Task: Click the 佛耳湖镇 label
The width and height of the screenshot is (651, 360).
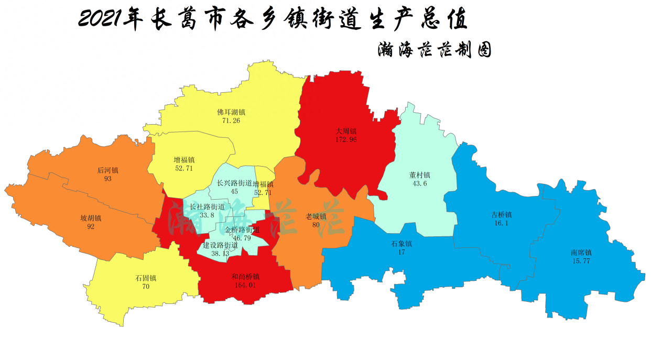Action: click(231, 112)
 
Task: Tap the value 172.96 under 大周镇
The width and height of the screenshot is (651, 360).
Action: click(346, 139)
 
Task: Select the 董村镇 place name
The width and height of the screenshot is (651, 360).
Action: click(420, 175)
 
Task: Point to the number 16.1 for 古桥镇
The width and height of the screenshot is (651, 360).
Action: click(501, 223)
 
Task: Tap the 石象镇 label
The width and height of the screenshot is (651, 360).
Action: click(402, 244)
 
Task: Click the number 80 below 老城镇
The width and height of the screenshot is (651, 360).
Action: click(316, 225)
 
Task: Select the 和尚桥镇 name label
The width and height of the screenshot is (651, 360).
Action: click(245, 277)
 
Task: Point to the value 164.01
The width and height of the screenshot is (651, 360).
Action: click(245, 285)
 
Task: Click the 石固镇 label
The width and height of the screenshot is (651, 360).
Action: click(146, 278)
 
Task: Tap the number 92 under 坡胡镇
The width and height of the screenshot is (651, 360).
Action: click(91, 226)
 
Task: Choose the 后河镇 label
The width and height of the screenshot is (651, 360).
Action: click(108, 170)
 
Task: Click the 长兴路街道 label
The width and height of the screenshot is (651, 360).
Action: click(234, 183)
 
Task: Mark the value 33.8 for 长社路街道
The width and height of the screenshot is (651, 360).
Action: click(207, 215)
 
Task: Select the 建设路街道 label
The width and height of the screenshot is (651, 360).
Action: click(220, 245)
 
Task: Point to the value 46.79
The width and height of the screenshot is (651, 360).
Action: click(242, 238)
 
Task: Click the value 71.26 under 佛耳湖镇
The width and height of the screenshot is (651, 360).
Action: click(231, 121)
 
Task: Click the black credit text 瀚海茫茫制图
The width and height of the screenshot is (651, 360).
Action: click(434, 50)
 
